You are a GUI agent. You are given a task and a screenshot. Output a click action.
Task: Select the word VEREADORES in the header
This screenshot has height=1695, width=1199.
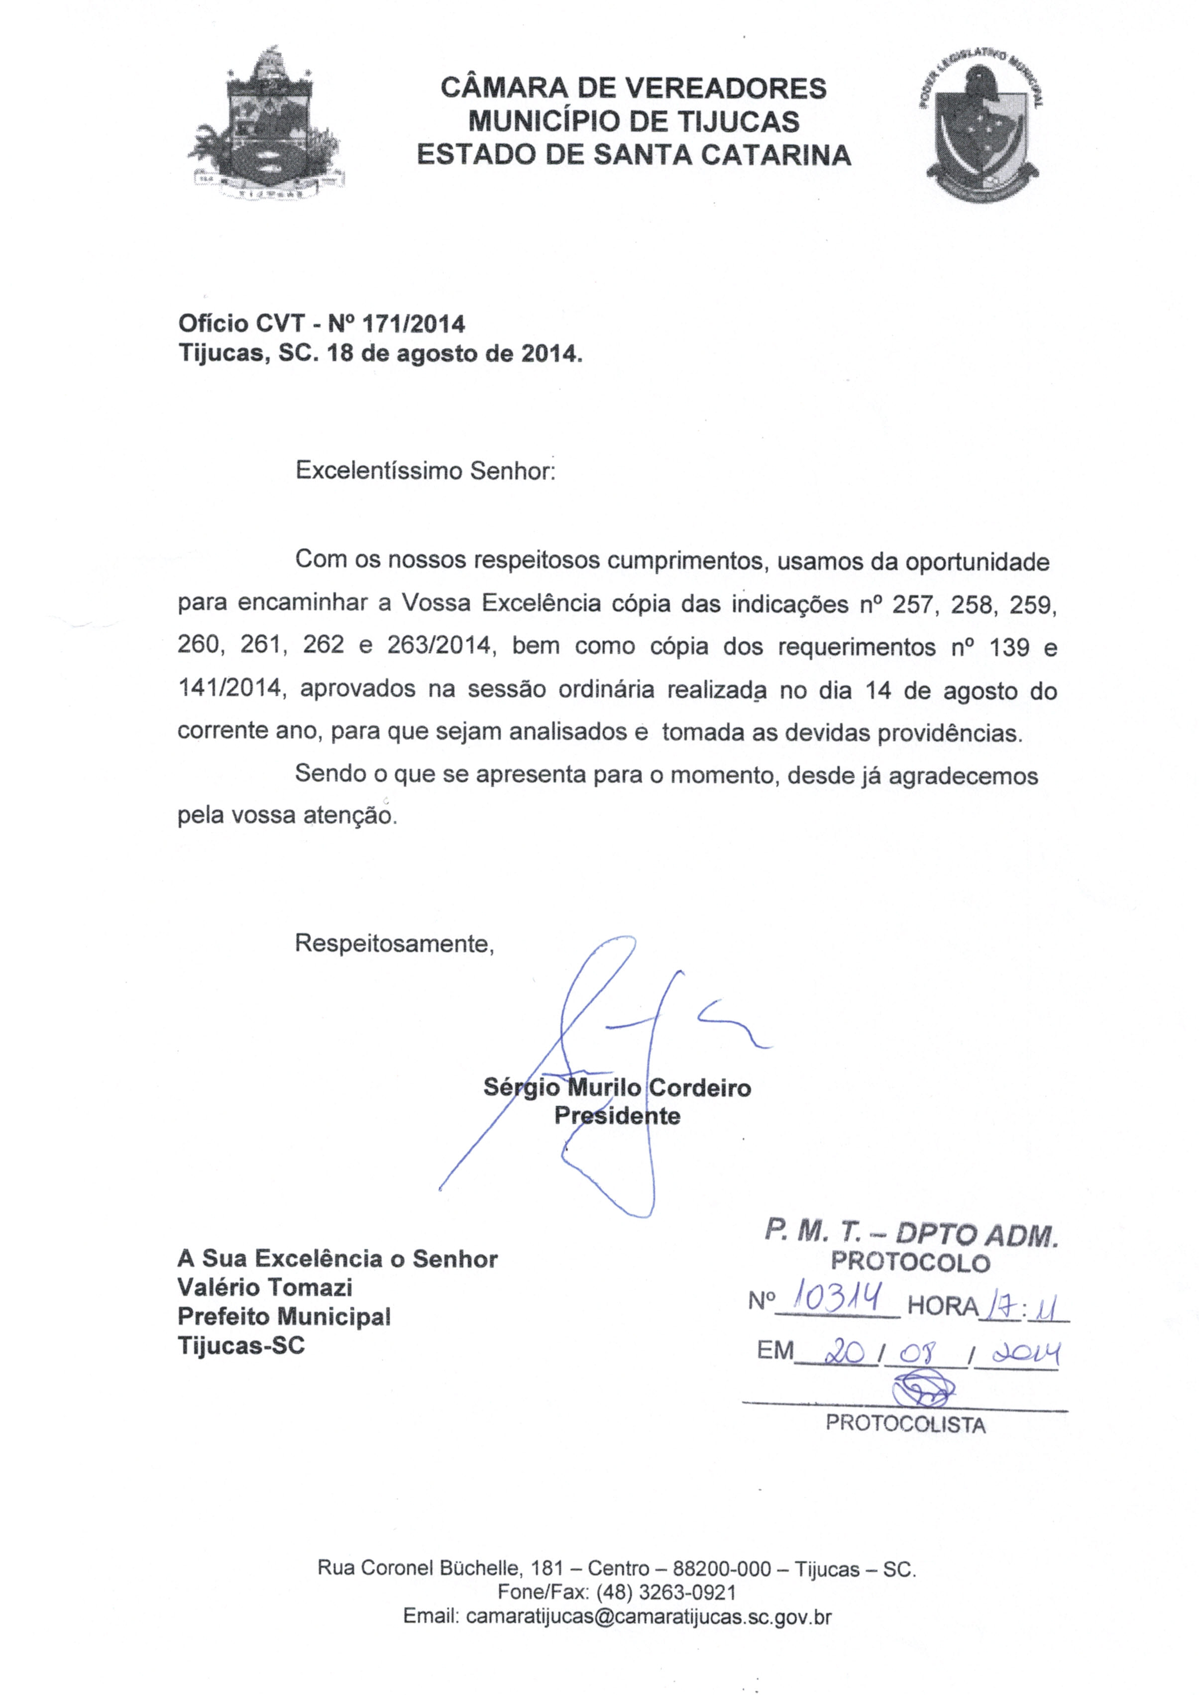pos(725,89)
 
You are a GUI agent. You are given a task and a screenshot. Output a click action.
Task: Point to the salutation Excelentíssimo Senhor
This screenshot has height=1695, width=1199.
pos(425,470)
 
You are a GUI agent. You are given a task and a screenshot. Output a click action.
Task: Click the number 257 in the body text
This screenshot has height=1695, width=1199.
pos(912,605)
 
